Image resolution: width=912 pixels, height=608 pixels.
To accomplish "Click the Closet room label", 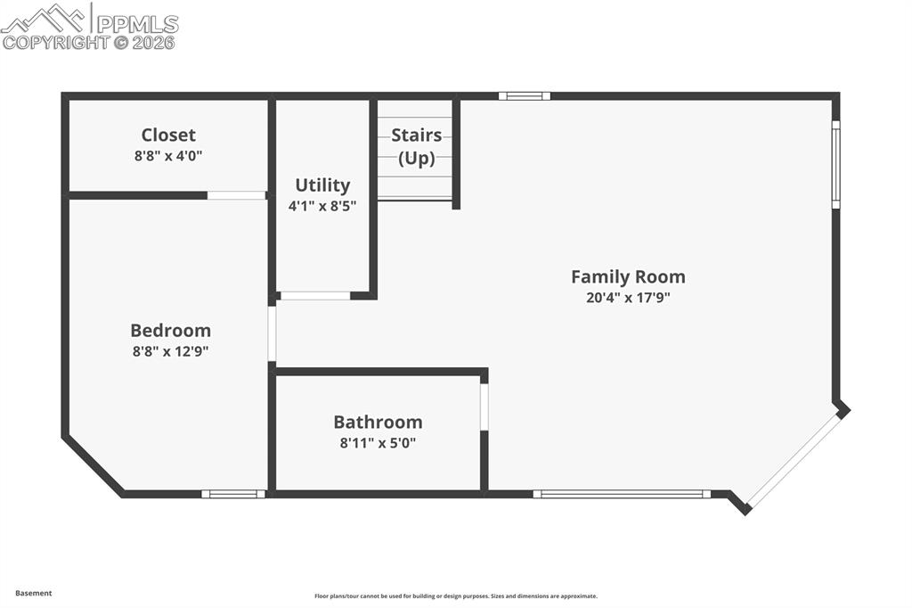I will pyautogui.click(x=168, y=135).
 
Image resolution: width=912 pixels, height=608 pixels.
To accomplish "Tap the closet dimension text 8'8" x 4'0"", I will pyautogui.click(x=168, y=156).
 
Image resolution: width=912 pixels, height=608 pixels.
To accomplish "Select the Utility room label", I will pyautogui.click(x=322, y=185).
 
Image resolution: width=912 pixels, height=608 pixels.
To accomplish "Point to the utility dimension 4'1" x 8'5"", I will pyautogui.click(x=322, y=206).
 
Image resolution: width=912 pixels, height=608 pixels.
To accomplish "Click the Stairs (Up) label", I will pyautogui.click(x=416, y=147).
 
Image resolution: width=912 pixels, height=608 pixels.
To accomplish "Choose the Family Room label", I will pyautogui.click(x=628, y=276).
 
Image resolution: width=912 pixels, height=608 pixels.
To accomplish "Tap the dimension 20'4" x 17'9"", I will pyautogui.click(x=628, y=299).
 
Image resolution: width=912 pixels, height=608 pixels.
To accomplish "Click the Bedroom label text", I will pyautogui.click(x=170, y=330).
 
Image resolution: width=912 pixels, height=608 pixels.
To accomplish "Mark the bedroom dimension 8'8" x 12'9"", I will pyautogui.click(x=170, y=351).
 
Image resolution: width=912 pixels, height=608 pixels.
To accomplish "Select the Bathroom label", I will pyautogui.click(x=378, y=422).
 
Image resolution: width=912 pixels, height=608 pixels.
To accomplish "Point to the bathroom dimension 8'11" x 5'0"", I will pyautogui.click(x=378, y=442).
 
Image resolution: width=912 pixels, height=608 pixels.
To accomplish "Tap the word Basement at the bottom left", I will pyautogui.click(x=34, y=593).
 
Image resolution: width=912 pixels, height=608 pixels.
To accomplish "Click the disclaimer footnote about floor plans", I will pyautogui.click(x=455, y=596).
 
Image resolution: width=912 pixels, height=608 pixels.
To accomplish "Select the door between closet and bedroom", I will pyautogui.click(x=236, y=195).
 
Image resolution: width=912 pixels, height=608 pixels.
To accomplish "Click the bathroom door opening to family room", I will pyautogui.click(x=484, y=407).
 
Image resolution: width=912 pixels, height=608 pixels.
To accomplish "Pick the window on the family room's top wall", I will pyautogui.click(x=524, y=95).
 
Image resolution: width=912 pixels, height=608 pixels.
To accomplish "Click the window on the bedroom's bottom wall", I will pyautogui.click(x=232, y=494).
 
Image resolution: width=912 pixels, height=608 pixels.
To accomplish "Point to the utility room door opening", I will pyautogui.click(x=315, y=295).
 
